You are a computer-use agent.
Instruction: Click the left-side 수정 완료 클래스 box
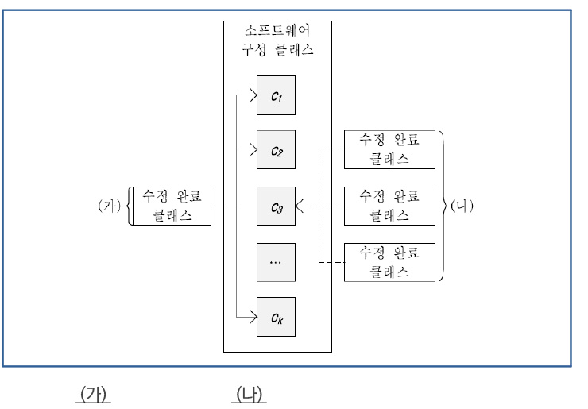[172, 206]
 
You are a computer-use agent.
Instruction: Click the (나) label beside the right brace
[462, 206]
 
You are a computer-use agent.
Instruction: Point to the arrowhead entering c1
[253, 96]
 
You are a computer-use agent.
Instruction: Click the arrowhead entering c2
[253, 149]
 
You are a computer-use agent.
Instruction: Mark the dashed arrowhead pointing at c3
[299, 206]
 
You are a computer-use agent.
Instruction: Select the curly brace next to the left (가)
[127, 206]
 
